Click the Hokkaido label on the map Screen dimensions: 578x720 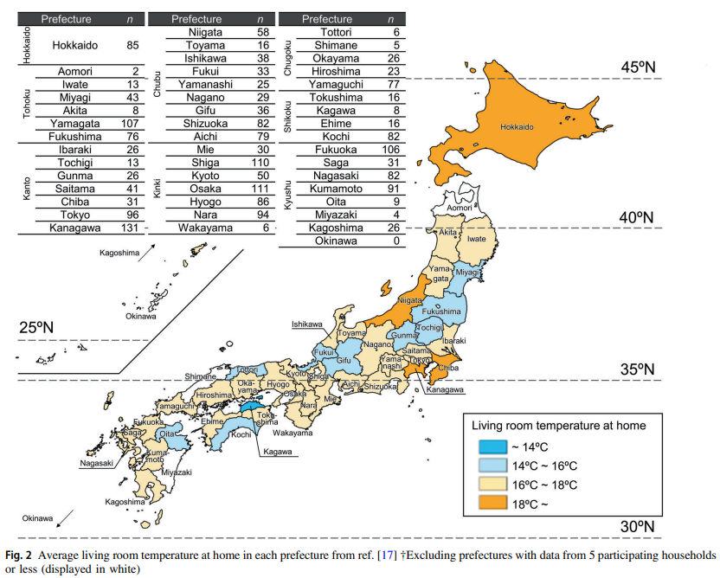point(517,127)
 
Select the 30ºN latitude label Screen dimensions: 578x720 point(641,526)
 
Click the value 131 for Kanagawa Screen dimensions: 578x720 point(129,228)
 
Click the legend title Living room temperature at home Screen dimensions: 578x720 point(558,425)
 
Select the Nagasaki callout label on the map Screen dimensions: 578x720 point(96,463)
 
